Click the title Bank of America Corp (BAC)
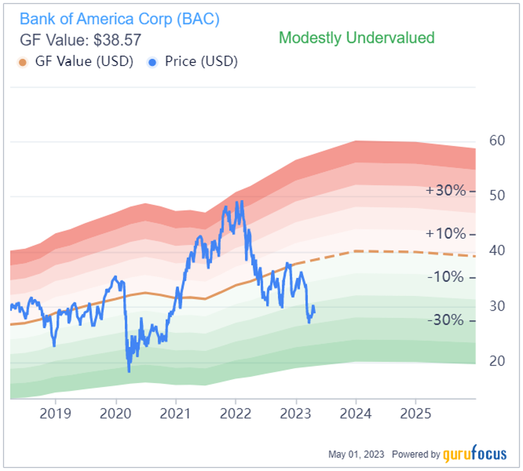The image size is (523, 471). pyautogui.click(x=119, y=19)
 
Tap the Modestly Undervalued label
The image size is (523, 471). pyautogui.click(x=357, y=38)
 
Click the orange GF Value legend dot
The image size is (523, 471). pyautogui.click(x=22, y=62)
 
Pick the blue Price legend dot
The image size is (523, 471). pyautogui.click(x=153, y=62)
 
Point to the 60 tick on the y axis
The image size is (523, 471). pyautogui.click(x=497, y=141)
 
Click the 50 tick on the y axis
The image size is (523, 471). pyautogui.click(x=497, y=195)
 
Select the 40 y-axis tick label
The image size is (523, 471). pyautogui.click(x=497, y=251)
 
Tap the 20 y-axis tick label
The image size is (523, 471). pyautogui.click(x=497, y=361)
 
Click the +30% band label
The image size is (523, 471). pyautogui.click(x=446, y=191)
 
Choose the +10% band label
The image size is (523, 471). pyautogui.click(x=446, y=234)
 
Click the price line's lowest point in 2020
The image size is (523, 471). pyautogui.click(x=129, y=371)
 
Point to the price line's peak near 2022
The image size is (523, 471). pyautogui.click(x=237, y=202)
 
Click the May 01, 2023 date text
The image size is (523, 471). pyautogui.click(x=356, y=454)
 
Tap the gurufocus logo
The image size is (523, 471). pyautogui.click(x=475, y=454)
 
